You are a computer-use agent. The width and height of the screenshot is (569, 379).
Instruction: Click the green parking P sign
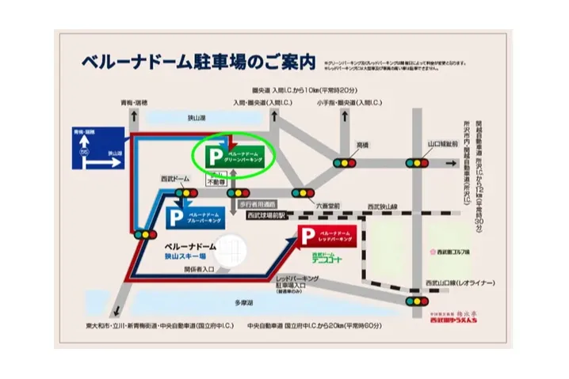[x=212, y=154]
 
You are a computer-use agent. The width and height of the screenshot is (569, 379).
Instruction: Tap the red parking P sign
[x=307, y=235]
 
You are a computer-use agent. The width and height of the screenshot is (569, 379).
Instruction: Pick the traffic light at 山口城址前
[x=417, y=164]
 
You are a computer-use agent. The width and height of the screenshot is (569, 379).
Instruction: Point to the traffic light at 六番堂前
[x=300, y=193]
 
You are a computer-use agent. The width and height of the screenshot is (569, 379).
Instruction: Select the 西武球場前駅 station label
[x=268, y=214]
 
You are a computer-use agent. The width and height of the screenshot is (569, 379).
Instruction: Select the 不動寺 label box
[x=215, y=180]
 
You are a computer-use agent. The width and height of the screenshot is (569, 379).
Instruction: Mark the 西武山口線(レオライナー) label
[x=460, y=282]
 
